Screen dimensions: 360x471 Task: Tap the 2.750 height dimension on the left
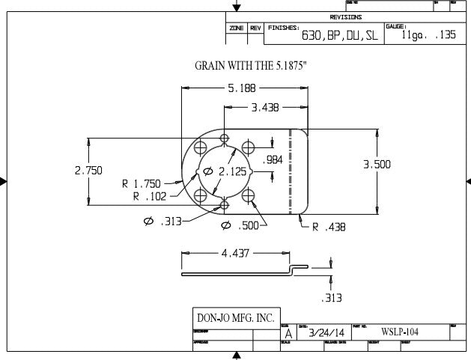88,171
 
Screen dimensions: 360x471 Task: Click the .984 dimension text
273,159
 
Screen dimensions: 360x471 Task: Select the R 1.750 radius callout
147,183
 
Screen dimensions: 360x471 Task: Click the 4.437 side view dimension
235,254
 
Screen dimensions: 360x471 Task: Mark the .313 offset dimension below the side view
331,298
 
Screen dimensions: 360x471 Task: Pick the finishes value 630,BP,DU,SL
339,35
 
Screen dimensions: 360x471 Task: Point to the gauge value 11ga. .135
428,35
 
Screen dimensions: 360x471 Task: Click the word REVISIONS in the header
346,16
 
